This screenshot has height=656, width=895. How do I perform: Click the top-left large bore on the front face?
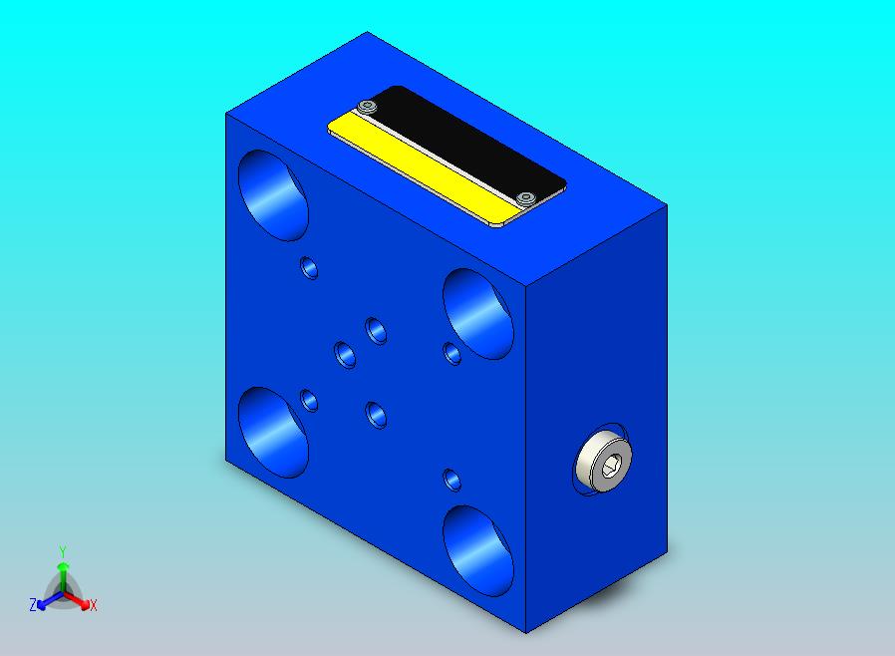coord(274,195)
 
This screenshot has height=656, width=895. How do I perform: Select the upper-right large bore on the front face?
coord(477,313)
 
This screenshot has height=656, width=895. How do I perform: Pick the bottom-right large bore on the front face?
coord(477,548)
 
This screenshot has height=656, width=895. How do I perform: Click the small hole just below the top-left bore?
coord(309,266)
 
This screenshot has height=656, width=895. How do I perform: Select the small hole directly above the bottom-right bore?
coord(452,479)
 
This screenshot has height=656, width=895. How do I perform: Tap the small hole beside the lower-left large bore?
coord(309,401)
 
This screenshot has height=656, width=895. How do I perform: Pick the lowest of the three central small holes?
coord(376,414)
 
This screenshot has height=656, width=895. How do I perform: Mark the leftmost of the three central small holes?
coord(345,353)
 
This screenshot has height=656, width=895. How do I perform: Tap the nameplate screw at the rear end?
coord(369,107)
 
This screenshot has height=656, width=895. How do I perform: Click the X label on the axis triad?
coord(93,605)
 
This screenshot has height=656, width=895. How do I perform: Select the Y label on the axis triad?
coord(62,551)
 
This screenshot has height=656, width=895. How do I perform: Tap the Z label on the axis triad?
coord(33,605)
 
